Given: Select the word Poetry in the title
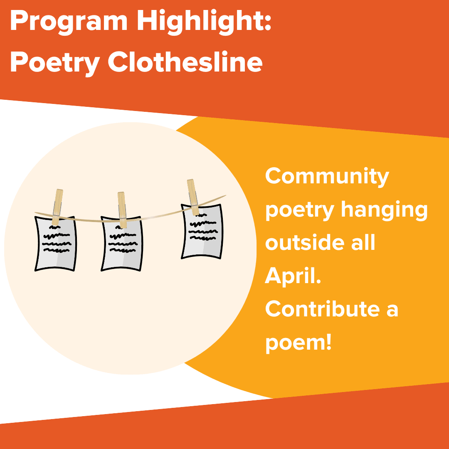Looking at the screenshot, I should [x=54, y=63].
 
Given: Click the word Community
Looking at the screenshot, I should [x=327, y=177].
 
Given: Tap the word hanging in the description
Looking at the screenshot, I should [x=384, y=210].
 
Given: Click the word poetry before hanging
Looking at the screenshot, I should [x=299, y=210].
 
